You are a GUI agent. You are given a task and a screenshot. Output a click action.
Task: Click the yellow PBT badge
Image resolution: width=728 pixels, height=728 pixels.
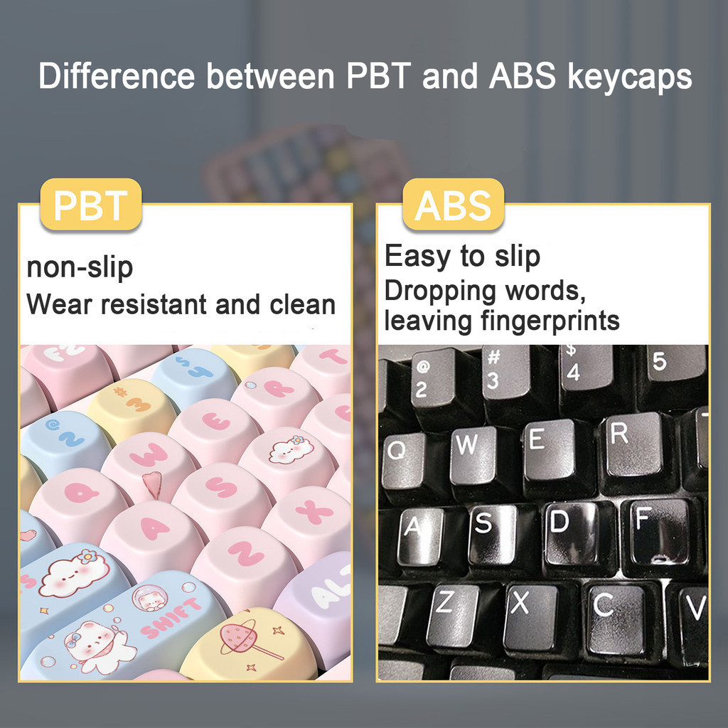click(91, 205)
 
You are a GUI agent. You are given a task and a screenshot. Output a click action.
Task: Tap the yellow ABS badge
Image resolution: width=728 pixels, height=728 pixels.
click(453, 205)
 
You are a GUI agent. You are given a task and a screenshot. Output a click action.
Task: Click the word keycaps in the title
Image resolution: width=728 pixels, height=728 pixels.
click(630, 76)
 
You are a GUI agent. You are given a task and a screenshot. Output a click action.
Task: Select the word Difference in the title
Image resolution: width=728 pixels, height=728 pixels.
click(117, 75)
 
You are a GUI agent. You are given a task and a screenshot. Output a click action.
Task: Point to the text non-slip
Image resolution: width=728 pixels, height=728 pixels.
click(80, 268)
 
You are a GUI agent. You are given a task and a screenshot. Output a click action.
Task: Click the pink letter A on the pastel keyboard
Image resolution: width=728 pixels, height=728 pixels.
click(155, 528)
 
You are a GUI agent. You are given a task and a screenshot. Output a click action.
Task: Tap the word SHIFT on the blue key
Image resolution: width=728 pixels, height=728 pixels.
click(171, 619)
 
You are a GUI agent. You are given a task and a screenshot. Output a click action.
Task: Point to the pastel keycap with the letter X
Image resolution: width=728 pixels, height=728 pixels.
click(307, 520)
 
